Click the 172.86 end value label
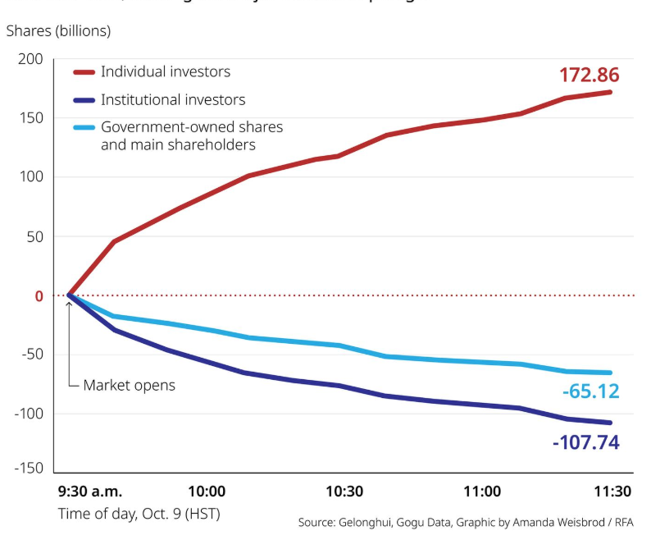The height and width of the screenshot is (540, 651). [x=589, y=75]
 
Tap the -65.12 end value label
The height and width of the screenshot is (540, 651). [x=590, y=391]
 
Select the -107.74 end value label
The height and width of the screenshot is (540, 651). [x=585, y=443]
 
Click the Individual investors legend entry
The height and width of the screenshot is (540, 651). [x=165, y=71]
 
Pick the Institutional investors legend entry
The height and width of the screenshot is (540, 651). [x=172, y=100]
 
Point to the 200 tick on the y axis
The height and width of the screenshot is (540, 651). [x=30, y=59]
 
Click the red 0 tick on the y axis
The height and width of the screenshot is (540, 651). [x=38, y=295]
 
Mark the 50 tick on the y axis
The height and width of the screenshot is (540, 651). [x=34, y=236]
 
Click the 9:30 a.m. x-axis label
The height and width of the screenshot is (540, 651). [x=90, y=492]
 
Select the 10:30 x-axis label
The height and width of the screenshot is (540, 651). [x=344, y=492]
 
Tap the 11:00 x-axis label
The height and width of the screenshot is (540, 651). [x=482, y=492]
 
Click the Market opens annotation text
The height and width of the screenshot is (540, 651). [x=129, y=385]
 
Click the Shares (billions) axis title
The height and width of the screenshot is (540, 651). [x=58, y=31]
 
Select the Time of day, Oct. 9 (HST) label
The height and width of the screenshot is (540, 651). [x=139, y=515]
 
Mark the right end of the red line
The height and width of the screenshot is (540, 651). [x=611, y=92]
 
